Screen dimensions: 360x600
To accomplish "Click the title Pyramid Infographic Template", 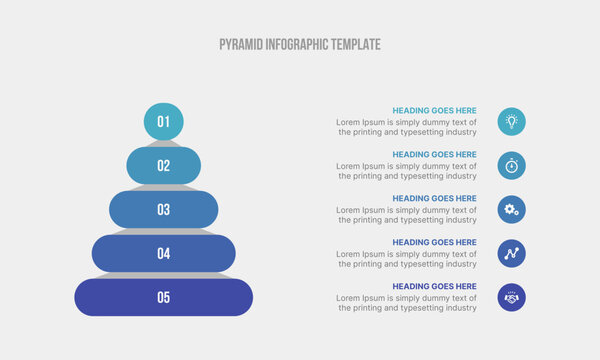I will [x=299, y=45].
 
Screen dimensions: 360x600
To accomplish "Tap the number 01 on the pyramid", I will [x=163, y=122].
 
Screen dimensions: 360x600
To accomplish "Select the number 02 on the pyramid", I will [x=163, y=166].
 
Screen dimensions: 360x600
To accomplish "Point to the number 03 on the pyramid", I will [x=163, y=210].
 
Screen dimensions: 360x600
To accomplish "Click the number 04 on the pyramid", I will [x=163, y=254].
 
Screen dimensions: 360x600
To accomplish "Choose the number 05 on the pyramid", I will [x=163, y=297].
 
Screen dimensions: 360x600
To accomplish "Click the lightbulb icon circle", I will [x=511, y=122].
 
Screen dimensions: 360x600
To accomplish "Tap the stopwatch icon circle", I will [x=511, y=166].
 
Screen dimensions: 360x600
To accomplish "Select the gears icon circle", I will [x=511, y=210].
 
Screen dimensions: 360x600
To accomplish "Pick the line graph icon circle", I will [x=511, y=254].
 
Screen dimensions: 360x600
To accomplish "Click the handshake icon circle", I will [x=511, y=297].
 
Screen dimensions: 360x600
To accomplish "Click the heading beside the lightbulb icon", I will [x=434, y=111].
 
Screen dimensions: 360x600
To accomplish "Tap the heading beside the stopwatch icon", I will [x=434, y=155].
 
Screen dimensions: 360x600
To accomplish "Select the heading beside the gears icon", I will [x=434, y=199].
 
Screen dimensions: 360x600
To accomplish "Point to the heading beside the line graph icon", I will [x=434, y=242].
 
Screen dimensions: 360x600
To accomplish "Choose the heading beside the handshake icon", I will [x=434, y=286].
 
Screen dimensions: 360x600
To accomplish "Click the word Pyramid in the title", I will [x=240, y=45].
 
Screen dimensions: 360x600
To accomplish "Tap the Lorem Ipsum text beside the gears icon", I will [x=407, y=215].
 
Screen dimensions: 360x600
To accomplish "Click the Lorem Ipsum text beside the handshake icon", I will [x=407, y=303].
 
